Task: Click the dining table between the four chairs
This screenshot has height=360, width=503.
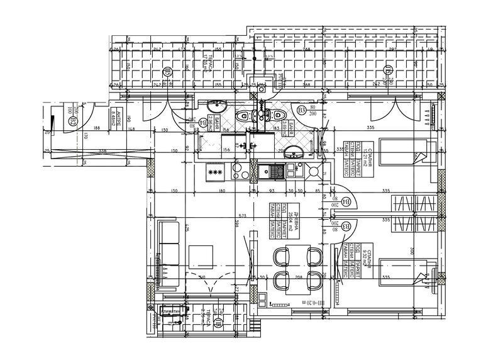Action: [296, 269]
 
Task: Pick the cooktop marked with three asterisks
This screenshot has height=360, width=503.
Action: [216, 171]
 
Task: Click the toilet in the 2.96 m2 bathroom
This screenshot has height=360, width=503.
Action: [243, 116]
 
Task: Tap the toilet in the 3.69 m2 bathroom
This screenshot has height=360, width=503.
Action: [275, 115]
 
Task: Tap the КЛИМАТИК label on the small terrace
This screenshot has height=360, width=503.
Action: [170, 312]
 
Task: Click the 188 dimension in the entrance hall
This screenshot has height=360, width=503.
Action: [96, 129]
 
